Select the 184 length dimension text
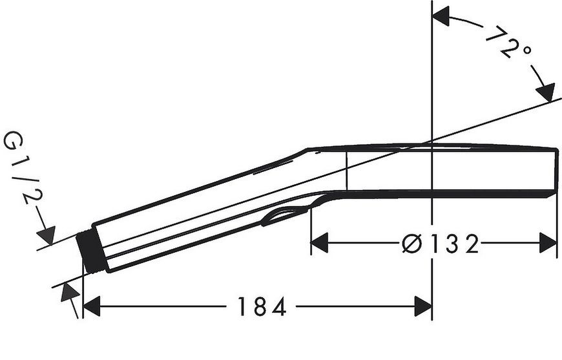pos(262,306)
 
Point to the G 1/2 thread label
pos(22,168)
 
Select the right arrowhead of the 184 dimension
pos(423,306)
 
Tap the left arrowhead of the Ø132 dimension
pos(319,243)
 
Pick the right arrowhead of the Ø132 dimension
pos(548,243)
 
